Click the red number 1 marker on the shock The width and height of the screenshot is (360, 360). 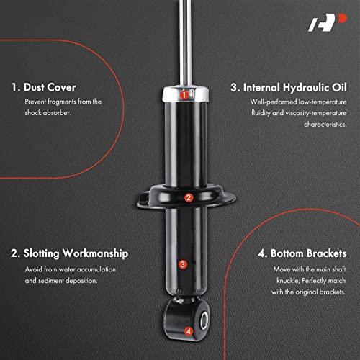(x=184, y=95)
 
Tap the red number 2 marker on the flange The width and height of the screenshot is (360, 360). (x=189, y=198)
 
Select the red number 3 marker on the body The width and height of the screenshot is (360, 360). (x=183, y=264)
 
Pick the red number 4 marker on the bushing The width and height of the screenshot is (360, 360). (x=189, y=331)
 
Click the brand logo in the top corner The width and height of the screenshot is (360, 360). (x=328, y=22)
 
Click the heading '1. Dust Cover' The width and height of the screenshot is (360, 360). (x=44, y=87)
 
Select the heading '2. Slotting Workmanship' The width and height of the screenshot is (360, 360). (x=70, y=253)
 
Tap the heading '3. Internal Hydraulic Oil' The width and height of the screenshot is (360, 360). (x=289, y=88)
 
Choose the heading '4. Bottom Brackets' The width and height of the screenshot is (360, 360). (x=302, y=253)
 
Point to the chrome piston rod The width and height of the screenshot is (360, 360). (x=186, y=42)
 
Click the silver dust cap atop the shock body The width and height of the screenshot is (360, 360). (x=185, y=94)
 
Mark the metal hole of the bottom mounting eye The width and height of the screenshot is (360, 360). (x=204, y=320)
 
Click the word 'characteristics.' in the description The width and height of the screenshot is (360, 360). (x=325, y=125)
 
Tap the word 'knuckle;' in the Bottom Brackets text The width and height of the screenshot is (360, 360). (x=287, y=281)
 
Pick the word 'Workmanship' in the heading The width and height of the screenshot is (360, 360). (x=96, y=254)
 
